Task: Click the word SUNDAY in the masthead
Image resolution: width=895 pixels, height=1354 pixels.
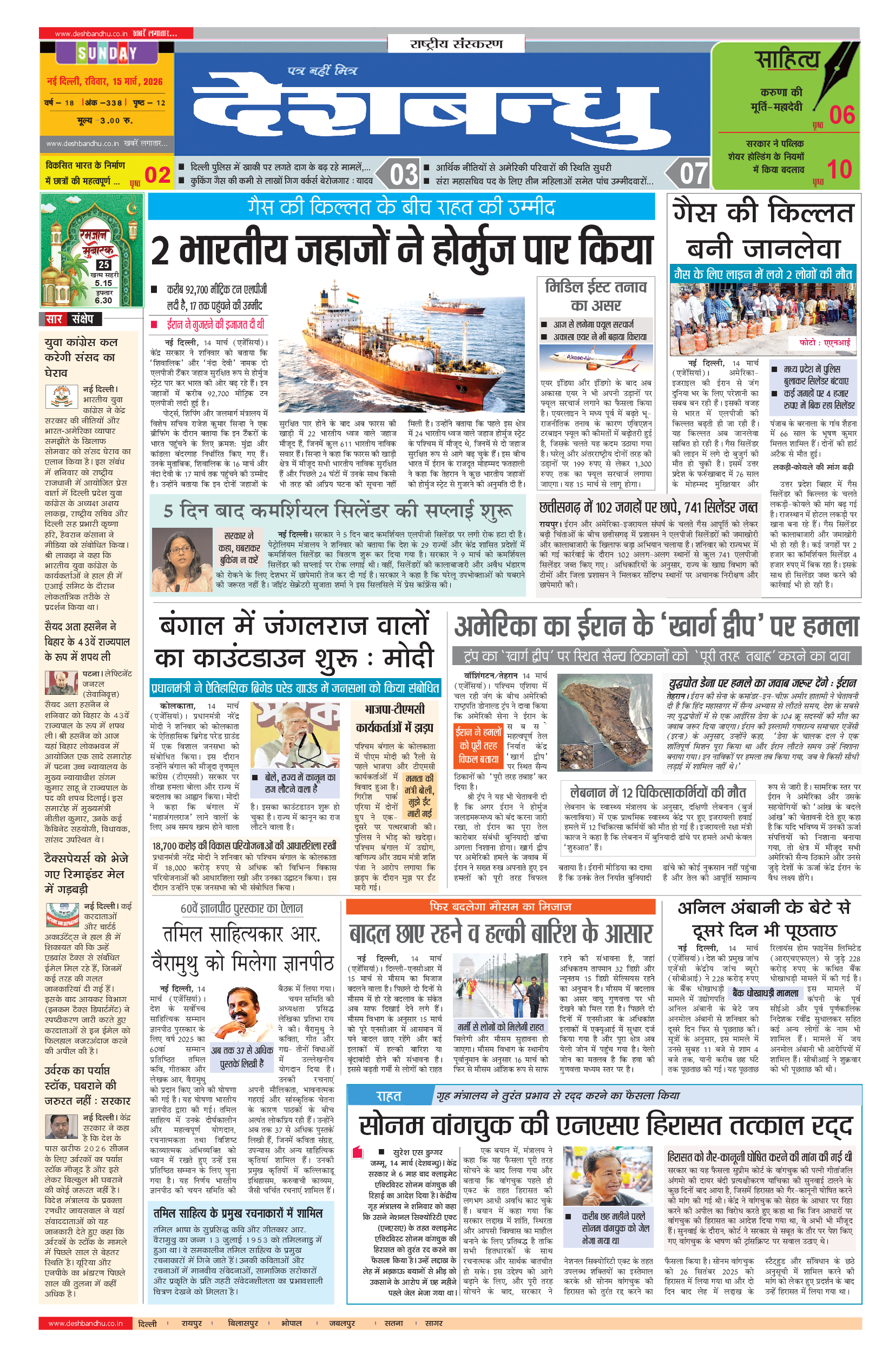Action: [x=107, y=54]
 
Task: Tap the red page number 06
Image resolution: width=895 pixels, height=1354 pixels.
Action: [x=841, y=115]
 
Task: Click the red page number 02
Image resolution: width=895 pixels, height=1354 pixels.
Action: [x=157, y=175]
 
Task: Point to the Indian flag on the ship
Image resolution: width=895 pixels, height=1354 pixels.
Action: [x=352, y=299]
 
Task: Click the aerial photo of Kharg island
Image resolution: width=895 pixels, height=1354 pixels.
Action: [x=604, y=721]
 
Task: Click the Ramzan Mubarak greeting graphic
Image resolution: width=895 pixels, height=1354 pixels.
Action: [x=91, y=250]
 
